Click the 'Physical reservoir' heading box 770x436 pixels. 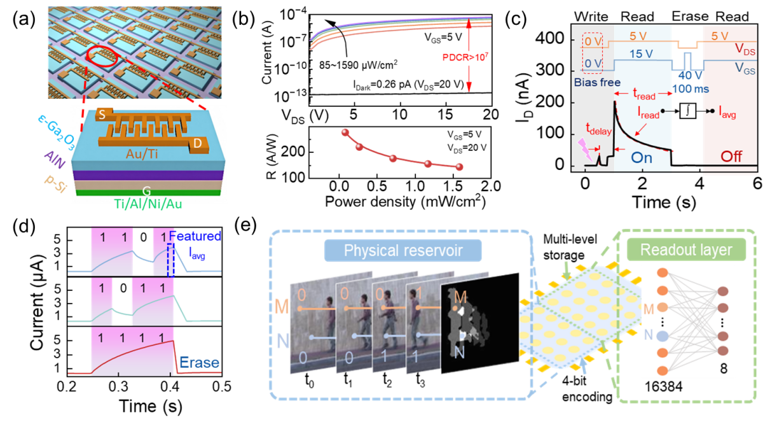coord(402,250)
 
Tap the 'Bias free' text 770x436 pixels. coord(597,82)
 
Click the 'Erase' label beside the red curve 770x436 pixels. coord(198,363)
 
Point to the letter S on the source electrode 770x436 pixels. coord(102,115)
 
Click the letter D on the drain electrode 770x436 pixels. coord(198,145)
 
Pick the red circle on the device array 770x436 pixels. coord(103,57)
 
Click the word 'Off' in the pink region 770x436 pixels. coord(731,156)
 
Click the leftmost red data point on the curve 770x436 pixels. coord(345,132)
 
